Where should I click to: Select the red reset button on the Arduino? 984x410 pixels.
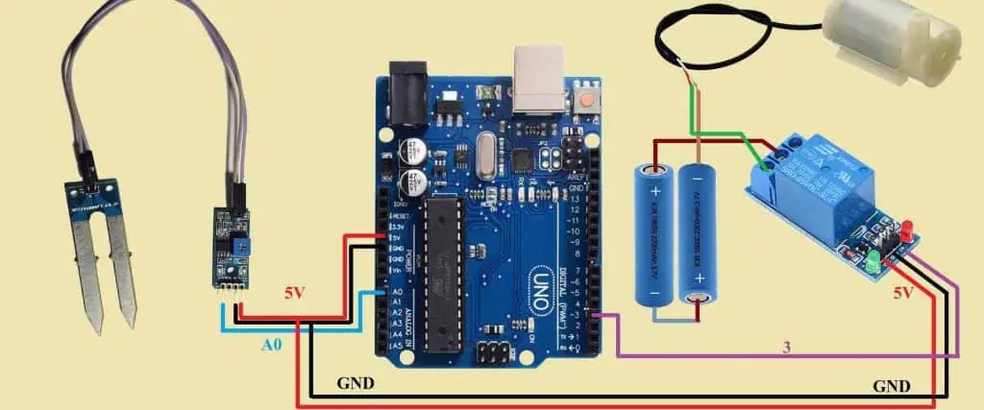click(584, 97)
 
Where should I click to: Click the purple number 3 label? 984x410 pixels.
click(786, 347)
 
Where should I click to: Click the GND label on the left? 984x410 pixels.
click(356, 382)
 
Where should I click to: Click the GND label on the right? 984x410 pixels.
click(891, 386)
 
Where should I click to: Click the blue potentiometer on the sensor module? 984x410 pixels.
click(234, 247)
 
